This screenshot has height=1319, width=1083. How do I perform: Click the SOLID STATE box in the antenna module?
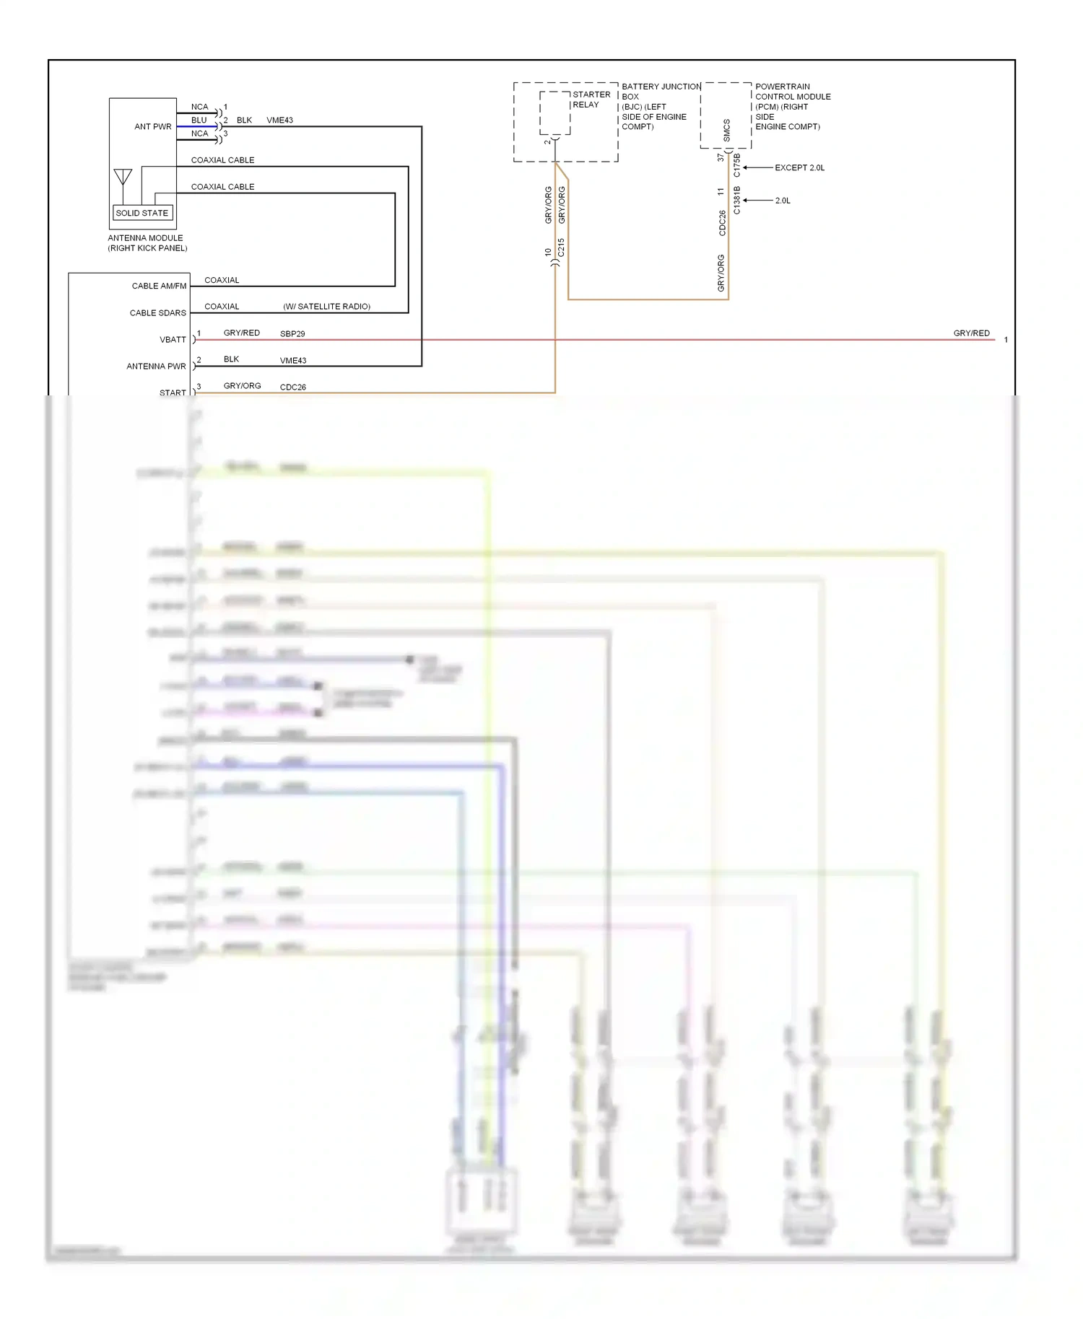click(x=142, y=213)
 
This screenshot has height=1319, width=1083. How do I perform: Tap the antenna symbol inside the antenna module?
click(x=123, y=177)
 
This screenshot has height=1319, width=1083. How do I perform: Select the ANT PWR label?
click(x=153, y=126)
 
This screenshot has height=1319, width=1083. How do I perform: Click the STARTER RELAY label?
click(x=591, y=100)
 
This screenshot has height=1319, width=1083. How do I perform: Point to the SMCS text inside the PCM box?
click(x=726, y=130)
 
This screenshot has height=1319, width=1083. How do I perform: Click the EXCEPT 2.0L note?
click(x=799, y=167)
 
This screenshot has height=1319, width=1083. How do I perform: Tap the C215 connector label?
click(x=561, y=247)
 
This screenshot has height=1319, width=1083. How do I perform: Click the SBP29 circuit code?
click(x=292, y=334)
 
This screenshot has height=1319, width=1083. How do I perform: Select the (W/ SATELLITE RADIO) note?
click(x=326, y=307)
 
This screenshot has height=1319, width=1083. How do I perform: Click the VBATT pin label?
click(x=173, y=339)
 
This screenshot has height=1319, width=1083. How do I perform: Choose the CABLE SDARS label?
click(x=157, y=312)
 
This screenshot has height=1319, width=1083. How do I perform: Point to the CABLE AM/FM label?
click(x=159, y=286)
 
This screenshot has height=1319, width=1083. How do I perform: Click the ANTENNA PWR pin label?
click(x=156, y=366)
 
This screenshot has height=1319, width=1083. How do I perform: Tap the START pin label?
click(x=173, y=393)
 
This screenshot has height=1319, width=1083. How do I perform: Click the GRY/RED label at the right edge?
click(x=971, y=333)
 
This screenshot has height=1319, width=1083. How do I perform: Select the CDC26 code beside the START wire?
click(x=292, y=387)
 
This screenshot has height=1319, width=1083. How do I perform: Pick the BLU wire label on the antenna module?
click(x=199, y=120)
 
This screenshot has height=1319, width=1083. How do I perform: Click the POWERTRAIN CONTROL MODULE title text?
click(x=792, y=92)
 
